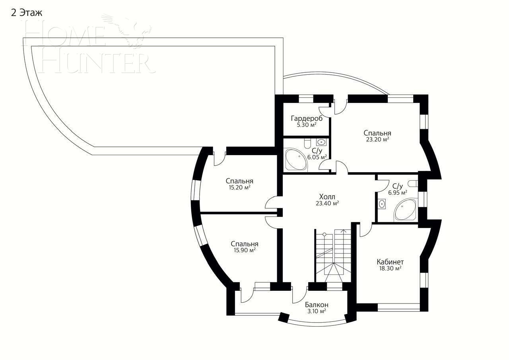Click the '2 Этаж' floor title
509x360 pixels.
[x=26, y=13]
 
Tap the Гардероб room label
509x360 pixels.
[x=307, y=118]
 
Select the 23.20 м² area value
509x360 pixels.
[x=377, y=140]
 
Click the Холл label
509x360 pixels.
[x=327, y=197]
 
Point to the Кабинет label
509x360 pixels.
[x=390, y=262]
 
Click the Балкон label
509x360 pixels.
[x=317, y=305]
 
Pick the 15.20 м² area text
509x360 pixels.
[x=239, y=187]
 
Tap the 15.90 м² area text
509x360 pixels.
[x=245, y=250]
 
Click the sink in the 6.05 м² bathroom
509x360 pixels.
[x=321, y=142]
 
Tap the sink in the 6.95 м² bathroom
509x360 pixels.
[x=382, y=204]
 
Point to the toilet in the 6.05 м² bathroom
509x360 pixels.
[x=307, y=142]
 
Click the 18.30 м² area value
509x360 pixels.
[x=390, y=269]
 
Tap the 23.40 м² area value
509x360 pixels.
[x=327, y=203]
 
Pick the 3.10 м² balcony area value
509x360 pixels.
[x=317, y=311]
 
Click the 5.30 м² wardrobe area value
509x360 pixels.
[x=307, y=125]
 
